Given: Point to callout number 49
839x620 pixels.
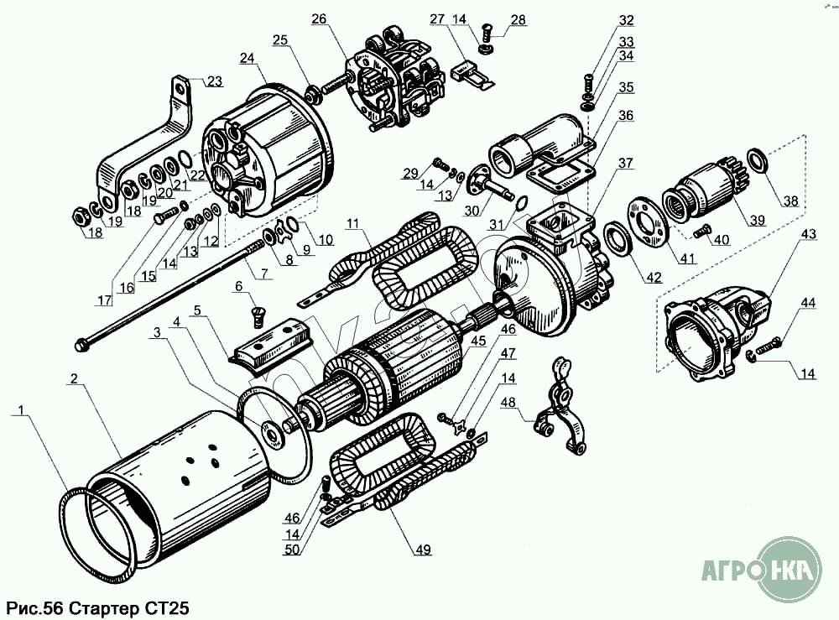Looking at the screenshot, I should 421,550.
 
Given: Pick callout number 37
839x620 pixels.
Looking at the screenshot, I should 626,163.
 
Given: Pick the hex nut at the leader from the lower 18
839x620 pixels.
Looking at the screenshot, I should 76,216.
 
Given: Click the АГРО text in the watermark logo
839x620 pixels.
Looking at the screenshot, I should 730,573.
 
